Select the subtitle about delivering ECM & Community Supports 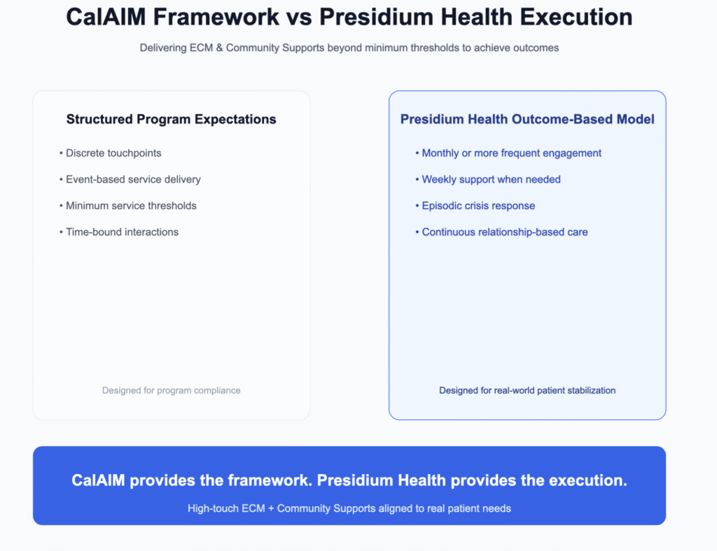click(349, 48)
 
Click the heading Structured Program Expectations click(171, 120)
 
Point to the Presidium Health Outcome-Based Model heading click(527, 120)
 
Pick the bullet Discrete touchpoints click(113, 153)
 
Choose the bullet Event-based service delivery click(133, 180)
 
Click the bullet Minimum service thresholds click(131, 206)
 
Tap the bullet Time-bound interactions click(122, 232)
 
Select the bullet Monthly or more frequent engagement click(511, 153)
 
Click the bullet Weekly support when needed click(491, 180)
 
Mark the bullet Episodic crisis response click(478, 206)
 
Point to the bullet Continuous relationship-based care click(504, 232)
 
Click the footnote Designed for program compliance click(171, 390)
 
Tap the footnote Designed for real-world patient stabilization click(527, 390)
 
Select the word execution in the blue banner click(586, 481)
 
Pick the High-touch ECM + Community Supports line click(349, 508)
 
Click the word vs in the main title click(296, 17)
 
